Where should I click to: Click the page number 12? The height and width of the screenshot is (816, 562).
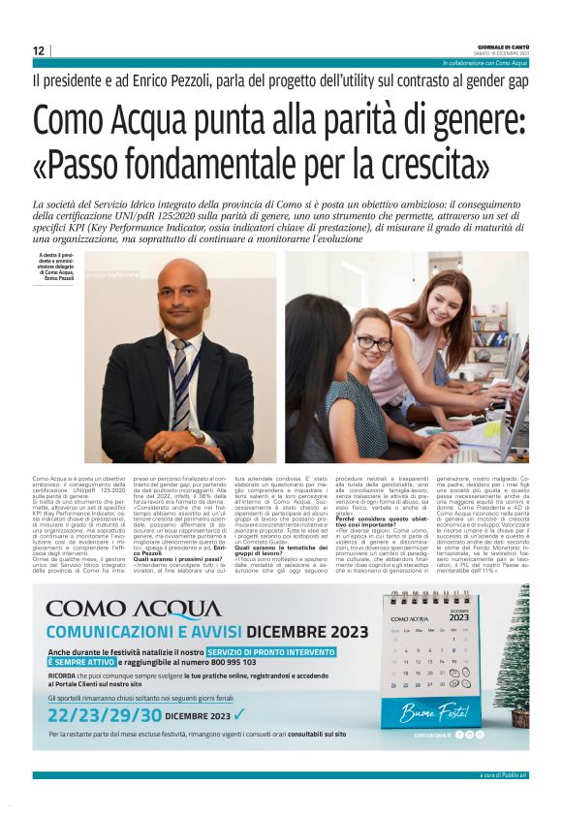pyautogui.click(x=39, y=51)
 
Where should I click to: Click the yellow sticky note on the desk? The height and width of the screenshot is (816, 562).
pyautogui.click(x=503, y=428)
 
